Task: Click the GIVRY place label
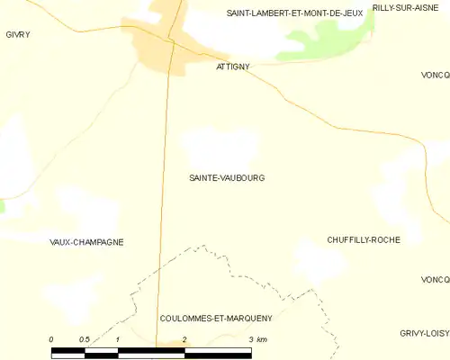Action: (x=17, y=34)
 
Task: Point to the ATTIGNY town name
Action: (x=233, y=67)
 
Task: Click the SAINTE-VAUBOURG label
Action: (x=226, y=178)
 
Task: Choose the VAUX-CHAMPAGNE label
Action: (x=86, y=242)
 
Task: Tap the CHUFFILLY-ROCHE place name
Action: (x=364, y=239)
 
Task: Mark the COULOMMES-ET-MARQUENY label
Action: (x=215, y=319)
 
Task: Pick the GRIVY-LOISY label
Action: (x=425, y=333)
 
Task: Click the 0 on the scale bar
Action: (x=51, y=339)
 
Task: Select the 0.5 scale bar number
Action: (x=84, y=339)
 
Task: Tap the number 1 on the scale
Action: (x=118, y=339)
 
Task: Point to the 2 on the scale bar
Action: (x=184, y=339)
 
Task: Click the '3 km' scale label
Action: (x=256, y=339)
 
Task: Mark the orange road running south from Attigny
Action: (x=165, y=198)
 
